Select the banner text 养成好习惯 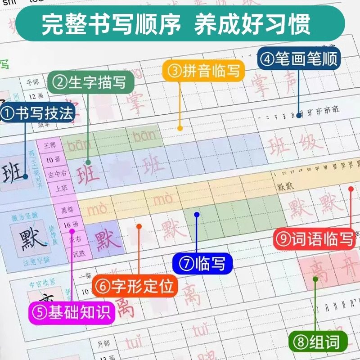[x=252, y=25]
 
